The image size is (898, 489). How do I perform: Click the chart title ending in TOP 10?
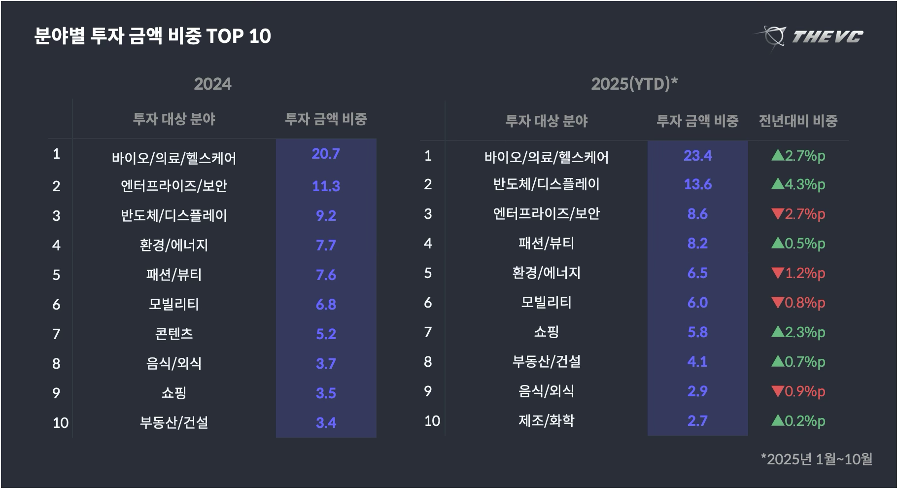coord(153,36)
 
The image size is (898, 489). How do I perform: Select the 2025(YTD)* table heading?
coord(634,84)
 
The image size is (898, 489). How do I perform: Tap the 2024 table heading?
coord(212,84)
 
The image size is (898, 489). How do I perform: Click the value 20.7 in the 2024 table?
coord(326,154)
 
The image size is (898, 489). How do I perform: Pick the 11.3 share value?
coord(326,186)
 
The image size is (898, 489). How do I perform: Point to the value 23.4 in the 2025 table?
coord(697,156)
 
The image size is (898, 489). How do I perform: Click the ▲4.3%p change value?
coord(798,184)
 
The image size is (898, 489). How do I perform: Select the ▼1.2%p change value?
coord(798,273)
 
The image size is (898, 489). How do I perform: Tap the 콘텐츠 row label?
coord(174,334)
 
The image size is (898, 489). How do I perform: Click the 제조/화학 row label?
coord(546,420)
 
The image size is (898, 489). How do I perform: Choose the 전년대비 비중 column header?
coord(798,121)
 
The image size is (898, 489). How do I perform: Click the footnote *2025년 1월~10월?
coord(816,459)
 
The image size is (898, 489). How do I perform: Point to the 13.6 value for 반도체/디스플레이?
coord(697,184)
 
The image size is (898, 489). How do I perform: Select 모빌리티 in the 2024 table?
coord(174,304)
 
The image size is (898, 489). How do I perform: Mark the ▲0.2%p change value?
coord(798,421)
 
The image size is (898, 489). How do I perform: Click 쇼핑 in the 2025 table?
coord(546,332)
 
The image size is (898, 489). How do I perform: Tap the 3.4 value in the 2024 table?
coord(326,422)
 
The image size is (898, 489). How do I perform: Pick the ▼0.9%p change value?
coord(798,391)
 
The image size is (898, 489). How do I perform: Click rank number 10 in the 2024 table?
coord(61,422)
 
